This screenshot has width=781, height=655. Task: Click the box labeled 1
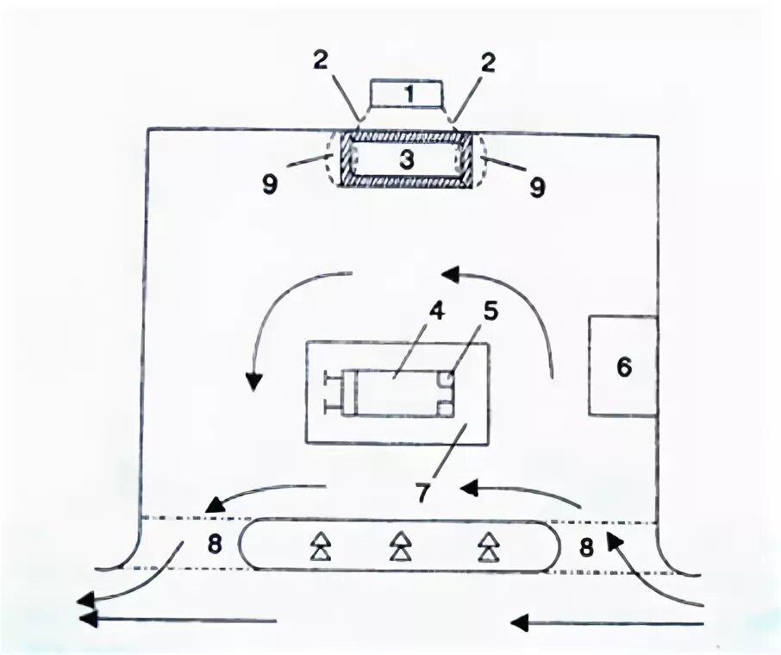[407, 94]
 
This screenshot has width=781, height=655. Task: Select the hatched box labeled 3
[404, 158]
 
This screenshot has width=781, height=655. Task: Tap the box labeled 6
[623, 366]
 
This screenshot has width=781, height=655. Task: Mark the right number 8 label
[586, 546]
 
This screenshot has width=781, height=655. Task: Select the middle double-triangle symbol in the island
[398, 546]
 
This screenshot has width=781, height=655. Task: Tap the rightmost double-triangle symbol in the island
[490, 546]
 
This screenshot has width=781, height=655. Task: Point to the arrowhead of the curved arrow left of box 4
[253, 380]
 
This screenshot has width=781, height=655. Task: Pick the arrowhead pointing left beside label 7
[467, 489]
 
